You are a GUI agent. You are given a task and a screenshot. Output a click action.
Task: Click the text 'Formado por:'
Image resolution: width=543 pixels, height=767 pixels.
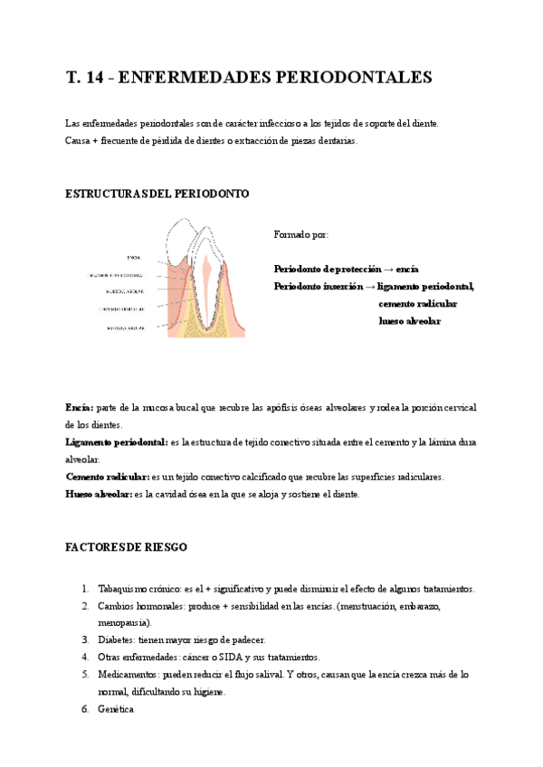(x=301, y=234)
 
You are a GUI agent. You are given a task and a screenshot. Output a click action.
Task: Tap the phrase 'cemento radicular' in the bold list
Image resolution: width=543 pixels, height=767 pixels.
(x=417, y=304)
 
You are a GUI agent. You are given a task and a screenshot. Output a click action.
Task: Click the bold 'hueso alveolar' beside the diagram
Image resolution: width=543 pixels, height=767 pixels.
(x=409, y=321)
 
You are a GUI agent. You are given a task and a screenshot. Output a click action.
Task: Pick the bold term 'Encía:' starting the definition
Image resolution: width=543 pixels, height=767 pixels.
(x=79, y=408)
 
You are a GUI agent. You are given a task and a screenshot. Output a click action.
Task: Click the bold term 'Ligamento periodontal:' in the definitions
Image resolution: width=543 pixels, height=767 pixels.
(x=117, y=442)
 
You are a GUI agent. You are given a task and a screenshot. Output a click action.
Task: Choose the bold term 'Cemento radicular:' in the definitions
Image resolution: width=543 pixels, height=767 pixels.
(x=108, y=477)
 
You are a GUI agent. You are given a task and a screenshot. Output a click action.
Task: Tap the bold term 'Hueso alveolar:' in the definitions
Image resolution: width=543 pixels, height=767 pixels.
(x=99, y=494)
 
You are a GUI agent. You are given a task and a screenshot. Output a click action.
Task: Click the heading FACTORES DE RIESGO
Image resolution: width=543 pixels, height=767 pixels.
(x=126, y=548)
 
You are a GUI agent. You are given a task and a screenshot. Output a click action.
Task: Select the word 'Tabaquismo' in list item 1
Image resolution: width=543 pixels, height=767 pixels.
(x=122, y=589)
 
